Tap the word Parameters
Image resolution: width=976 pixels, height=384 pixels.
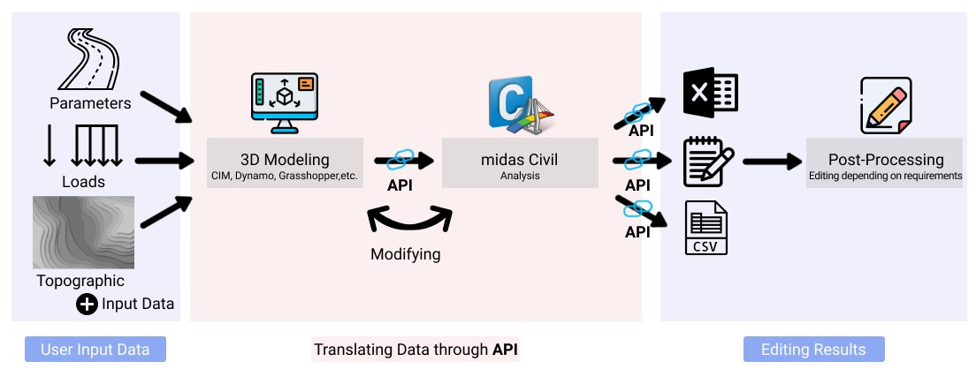tap(90, 103)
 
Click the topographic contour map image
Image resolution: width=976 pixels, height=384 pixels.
tap(83, 232)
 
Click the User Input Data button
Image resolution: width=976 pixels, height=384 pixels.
tap(95, 350)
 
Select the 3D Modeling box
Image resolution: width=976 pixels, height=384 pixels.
tap(285, 162)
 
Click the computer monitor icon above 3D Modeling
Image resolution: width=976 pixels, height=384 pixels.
tap(284, 102)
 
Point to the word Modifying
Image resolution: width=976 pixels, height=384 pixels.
tap(405, 254)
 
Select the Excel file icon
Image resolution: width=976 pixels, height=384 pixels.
tap(710, 93)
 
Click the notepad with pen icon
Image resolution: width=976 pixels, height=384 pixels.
tap(708, 162)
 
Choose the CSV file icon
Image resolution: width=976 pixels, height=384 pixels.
tap(706, 229)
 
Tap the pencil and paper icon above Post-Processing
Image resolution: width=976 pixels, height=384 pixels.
tap(885, 104)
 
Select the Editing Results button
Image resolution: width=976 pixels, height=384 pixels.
tap(813, 350)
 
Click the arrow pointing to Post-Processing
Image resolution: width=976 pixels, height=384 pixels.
tap(770, 162)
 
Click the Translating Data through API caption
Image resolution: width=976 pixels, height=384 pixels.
tap(416, 350)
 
